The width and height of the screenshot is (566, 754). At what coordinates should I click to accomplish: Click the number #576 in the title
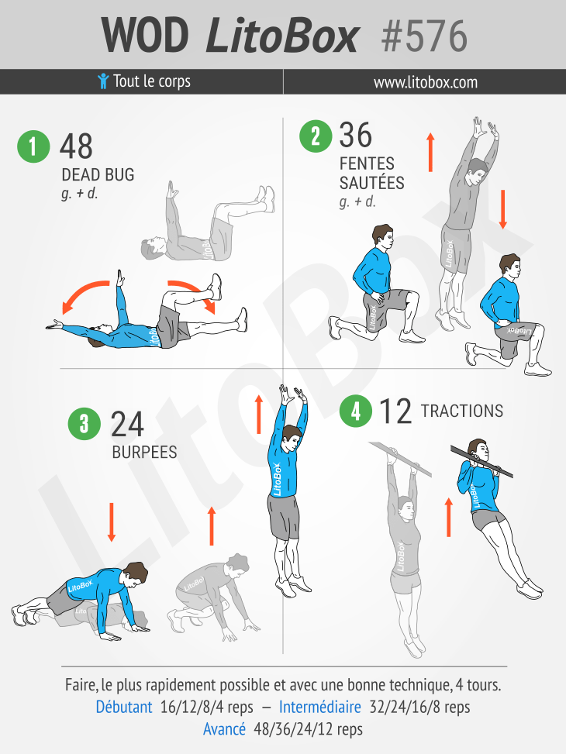tap(424, 36)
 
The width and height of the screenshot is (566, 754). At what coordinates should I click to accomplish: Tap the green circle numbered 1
tap(33, 146)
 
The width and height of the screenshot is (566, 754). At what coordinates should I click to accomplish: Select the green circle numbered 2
tap(316, 136)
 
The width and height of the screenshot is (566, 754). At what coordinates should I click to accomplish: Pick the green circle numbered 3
tap(85, 424)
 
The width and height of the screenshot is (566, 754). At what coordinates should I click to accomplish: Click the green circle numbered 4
tap(356, 411)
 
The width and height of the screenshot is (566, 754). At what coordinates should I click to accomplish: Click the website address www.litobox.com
tap(426, 82)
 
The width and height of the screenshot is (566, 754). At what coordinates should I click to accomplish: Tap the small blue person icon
tap(103, 81)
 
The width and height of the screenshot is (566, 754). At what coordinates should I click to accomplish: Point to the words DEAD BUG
tap(98, 174)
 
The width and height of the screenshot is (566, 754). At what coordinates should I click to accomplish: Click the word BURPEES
tap(144, 452)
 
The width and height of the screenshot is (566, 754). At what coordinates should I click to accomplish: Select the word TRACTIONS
tap(462, 411)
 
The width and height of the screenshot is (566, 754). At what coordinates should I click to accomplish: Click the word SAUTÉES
tap(371, 183)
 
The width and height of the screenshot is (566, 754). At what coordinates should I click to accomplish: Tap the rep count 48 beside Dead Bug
tap(76, 146)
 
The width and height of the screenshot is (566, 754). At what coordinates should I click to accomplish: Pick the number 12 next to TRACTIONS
tap(395, 411)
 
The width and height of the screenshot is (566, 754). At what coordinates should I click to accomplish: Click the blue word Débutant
tap(124, 707)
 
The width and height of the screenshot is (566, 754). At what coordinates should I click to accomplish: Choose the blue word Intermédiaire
tap(320, 707)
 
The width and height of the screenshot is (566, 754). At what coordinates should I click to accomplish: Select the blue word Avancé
tap(224, 729)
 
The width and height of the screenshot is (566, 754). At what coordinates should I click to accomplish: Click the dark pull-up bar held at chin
tap(481, 462)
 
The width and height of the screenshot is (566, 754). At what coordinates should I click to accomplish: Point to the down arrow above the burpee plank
tap(112, 522)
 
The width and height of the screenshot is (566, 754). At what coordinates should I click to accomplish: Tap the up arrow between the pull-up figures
tap(449, 517)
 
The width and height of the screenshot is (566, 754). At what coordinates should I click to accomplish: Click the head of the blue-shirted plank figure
tap(134, 574)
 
